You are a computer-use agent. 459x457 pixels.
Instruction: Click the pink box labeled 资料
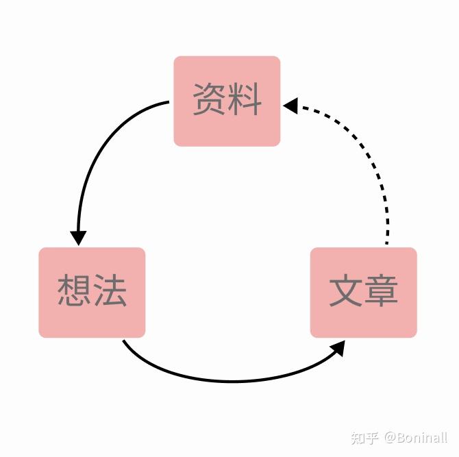tap(227, 101)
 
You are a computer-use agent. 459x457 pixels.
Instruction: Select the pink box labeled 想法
tap(92, 292)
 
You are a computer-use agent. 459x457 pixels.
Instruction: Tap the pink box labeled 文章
tap(363, 292)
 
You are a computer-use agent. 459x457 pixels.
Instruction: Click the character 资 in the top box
tap(210, 101)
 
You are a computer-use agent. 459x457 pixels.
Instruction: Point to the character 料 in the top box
tap(245, 101)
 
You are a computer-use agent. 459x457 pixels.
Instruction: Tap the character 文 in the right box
tap(346, 291)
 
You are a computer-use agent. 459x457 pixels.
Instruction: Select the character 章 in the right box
tap(381, 291)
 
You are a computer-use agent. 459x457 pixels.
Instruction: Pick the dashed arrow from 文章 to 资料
tap(370, 158)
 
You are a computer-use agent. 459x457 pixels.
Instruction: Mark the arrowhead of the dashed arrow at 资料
tap(290, 106)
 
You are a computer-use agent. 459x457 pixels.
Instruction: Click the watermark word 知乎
tap(364, 437)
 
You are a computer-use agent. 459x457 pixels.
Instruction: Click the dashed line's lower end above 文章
tap(386, 241)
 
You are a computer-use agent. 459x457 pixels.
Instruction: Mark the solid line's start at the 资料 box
tap(167, 103)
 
